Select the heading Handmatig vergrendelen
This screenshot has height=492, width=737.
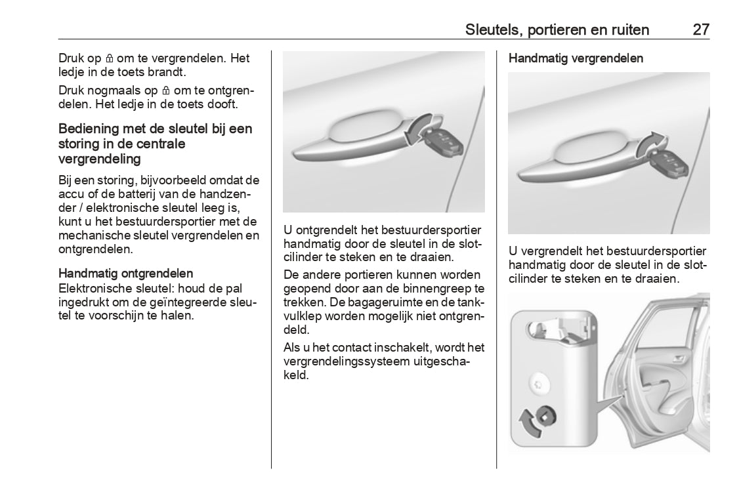(x=576, y=58)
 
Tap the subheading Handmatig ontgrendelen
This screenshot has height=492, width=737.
(x=125, y=273)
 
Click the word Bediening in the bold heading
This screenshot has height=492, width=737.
(x=88, y=129)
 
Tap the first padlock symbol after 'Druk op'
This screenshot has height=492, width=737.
(x=110, y=58)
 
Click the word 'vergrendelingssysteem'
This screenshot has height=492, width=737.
(x=345, y=361)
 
